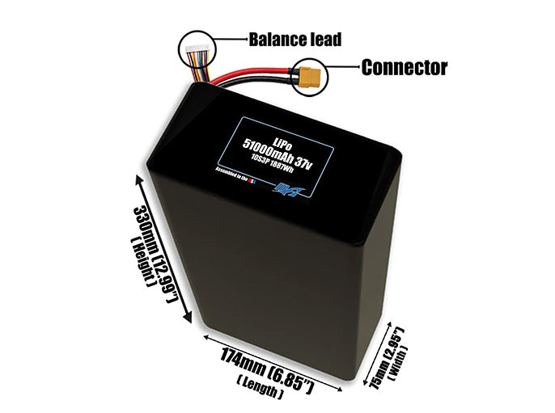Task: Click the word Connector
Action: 404,67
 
